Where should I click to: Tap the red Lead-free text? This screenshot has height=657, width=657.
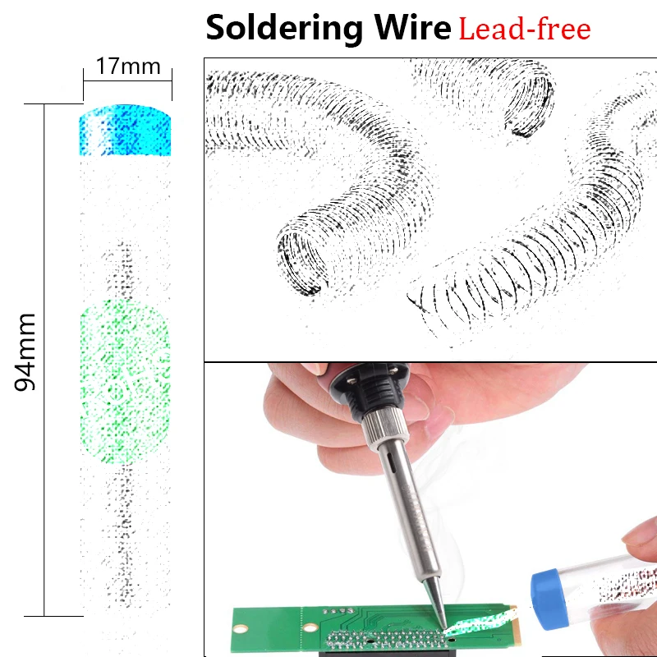(x=524, y=30)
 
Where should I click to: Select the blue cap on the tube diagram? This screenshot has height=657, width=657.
(x=126, y=131)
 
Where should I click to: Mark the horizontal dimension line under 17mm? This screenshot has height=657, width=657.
(x=127, y=79)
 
